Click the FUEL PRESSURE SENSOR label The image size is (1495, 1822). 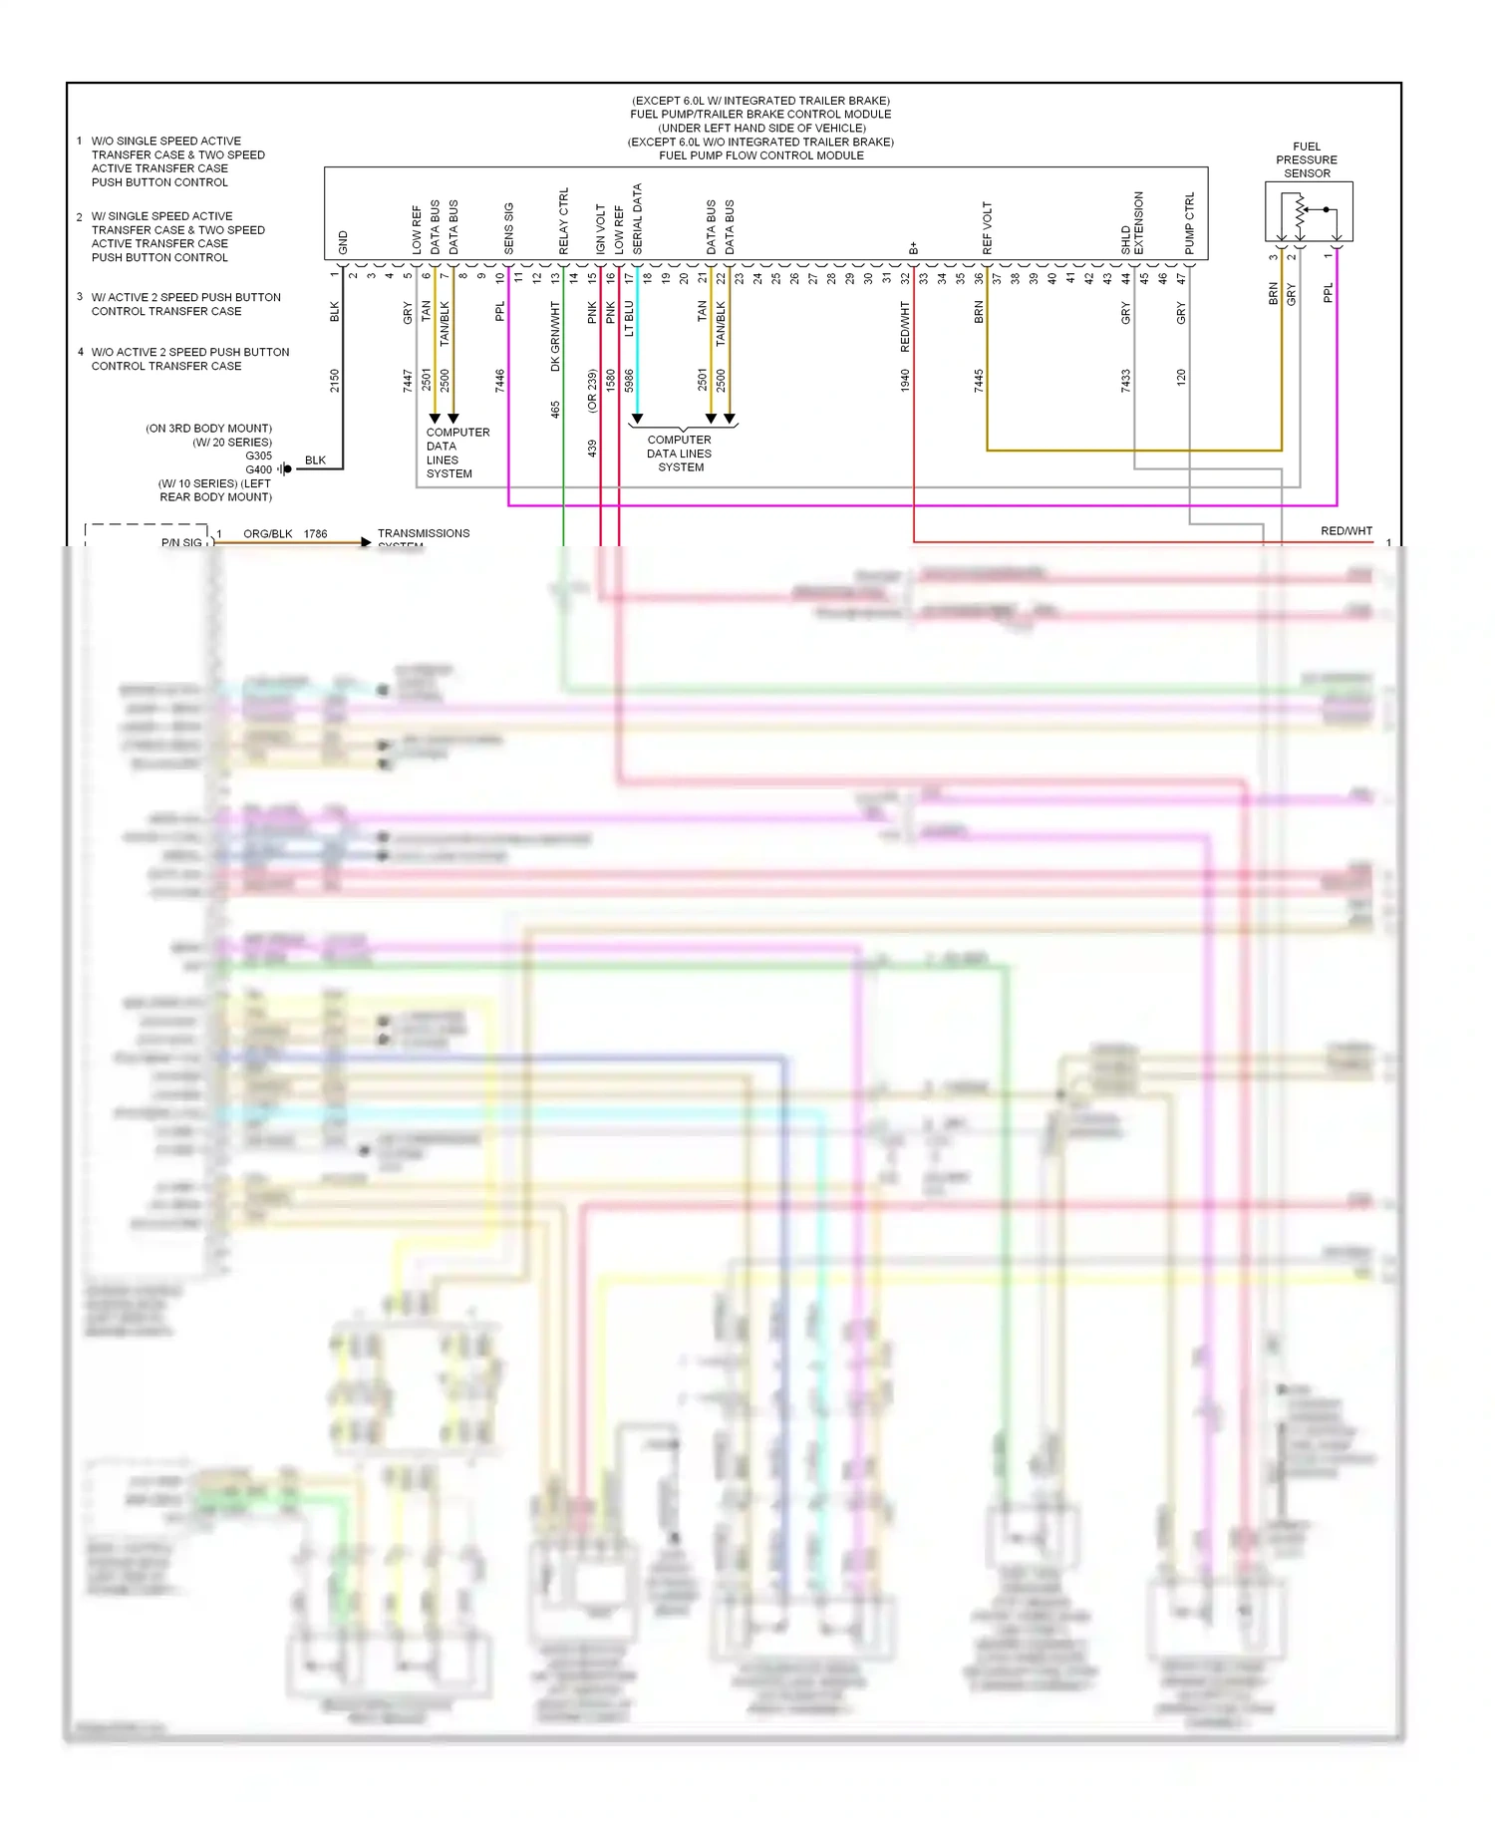(1306, 159)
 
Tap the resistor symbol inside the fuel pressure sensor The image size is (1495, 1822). (1300, 210)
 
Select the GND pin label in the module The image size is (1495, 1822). (343, 242)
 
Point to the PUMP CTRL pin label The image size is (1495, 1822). (1189, 223)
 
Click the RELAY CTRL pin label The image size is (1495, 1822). (563, 220)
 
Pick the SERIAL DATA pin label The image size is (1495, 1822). (637, 218)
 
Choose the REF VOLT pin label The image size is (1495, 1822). (987, 228)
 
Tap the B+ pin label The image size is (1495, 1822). (913, 248)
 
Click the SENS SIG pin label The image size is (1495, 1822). (508, 228)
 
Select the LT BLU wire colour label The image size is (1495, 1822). (629, 319)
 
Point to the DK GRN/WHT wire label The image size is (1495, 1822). (555, 336)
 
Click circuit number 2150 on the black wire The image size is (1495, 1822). (335, 380)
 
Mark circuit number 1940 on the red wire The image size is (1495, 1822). (905, 380)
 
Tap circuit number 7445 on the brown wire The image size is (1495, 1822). (979, 380)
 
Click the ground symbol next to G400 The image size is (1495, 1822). (286, 469)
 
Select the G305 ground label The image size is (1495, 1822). (258, 455)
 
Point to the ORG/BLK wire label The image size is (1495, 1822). (267, 534)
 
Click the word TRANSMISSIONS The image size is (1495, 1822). (424, 533)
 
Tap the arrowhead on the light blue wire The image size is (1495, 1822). (637, 419)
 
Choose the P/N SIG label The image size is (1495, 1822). (181, 542)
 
